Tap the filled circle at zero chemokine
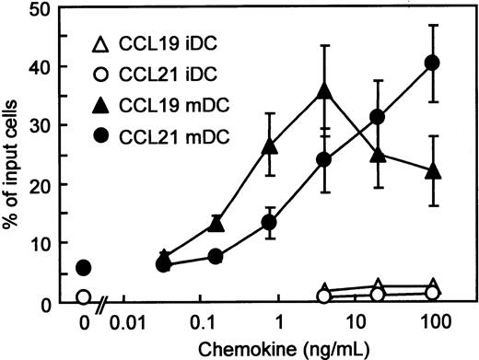[84, 268]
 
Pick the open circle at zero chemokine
[84, 297]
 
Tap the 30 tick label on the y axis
[41, 125]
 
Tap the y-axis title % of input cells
[13, 157]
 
